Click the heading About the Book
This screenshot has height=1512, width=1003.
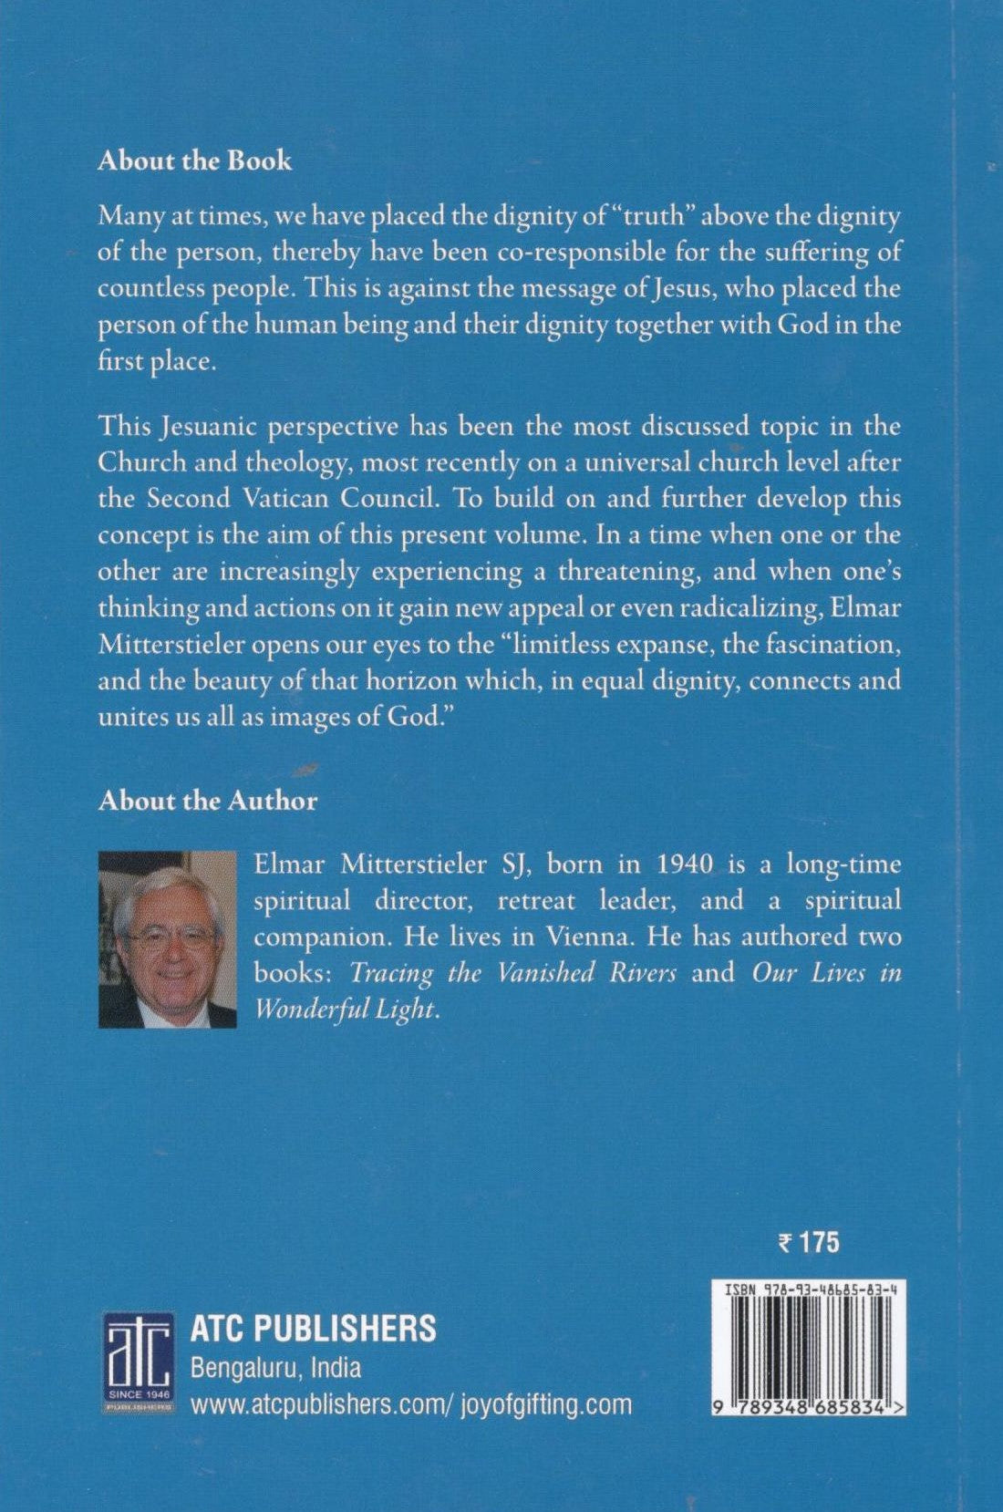tap(195, 161)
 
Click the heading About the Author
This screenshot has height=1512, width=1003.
tap(208, 801)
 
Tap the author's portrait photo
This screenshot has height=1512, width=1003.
tap(167, 939)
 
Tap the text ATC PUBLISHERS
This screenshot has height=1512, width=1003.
tap(313, 1329)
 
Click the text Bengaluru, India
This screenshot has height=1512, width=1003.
tap(275, 1368)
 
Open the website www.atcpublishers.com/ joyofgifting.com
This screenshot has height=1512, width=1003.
tap(410, 1403)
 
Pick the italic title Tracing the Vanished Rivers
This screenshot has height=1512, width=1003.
tap(513, 973)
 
